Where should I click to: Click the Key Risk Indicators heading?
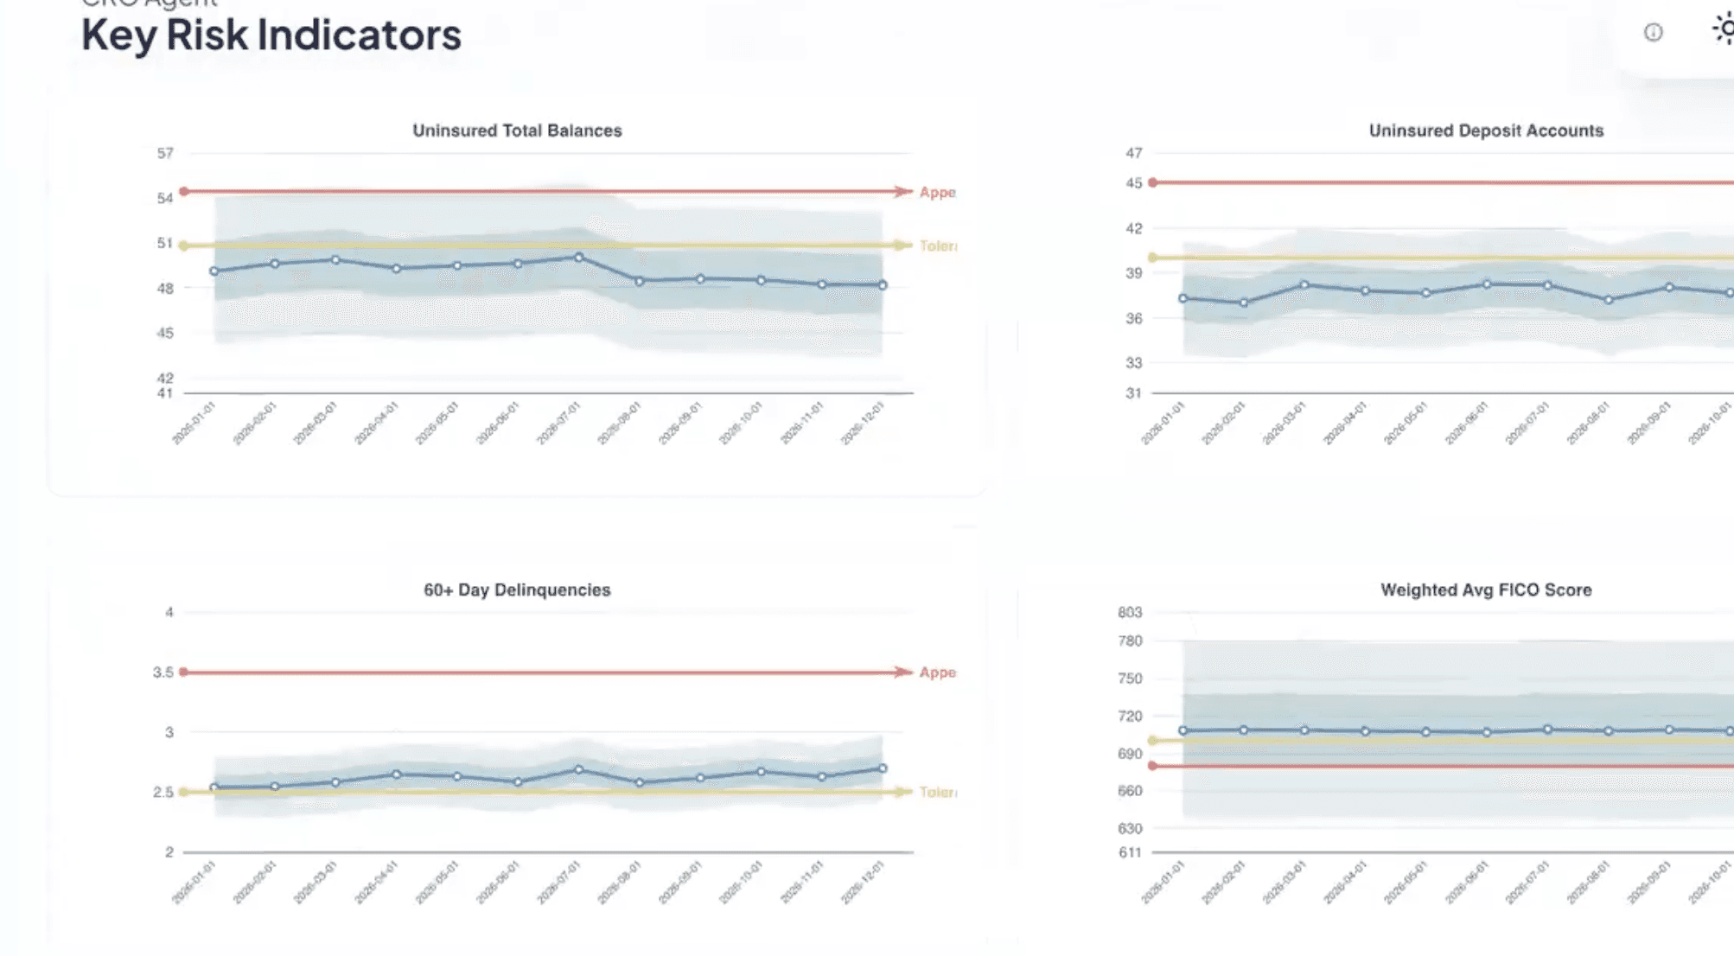271,35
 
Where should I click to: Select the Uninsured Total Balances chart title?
517,131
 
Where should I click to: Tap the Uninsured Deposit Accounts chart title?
1486,131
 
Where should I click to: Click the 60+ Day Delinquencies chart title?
517,590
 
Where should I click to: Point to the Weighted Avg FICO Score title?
1486,590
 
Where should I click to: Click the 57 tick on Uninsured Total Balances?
165,154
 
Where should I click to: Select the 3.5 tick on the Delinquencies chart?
163,672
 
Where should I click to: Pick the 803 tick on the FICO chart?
1130,613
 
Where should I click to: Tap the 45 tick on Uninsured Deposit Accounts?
1133,183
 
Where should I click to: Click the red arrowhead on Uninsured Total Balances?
903,191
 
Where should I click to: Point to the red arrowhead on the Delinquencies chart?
903,672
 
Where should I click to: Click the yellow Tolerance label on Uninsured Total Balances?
938,246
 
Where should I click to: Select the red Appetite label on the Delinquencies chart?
938,672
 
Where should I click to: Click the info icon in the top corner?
1653,33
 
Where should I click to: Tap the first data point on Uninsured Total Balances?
214,271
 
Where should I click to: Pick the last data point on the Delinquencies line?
883,768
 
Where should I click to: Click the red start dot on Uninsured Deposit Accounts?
1153,182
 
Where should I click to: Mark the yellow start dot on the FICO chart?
1153,741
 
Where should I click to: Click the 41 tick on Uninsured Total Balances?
165,394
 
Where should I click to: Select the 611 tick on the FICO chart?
1130,853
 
